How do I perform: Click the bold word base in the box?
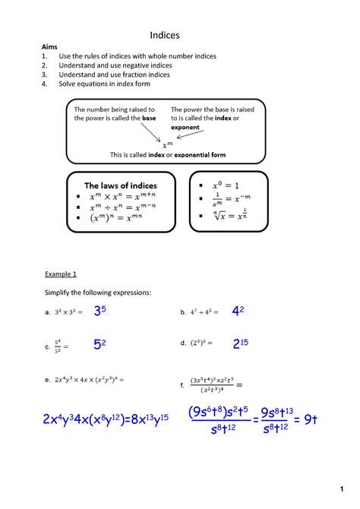[x=150, y=119]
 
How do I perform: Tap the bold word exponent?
[x=185, y=128]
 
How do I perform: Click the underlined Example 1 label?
[x=61, y=273]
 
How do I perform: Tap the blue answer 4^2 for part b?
[x=238, y=311]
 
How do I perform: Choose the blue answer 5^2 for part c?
[x=99, y=345]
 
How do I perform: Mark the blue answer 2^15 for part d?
[x=241, y=344]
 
